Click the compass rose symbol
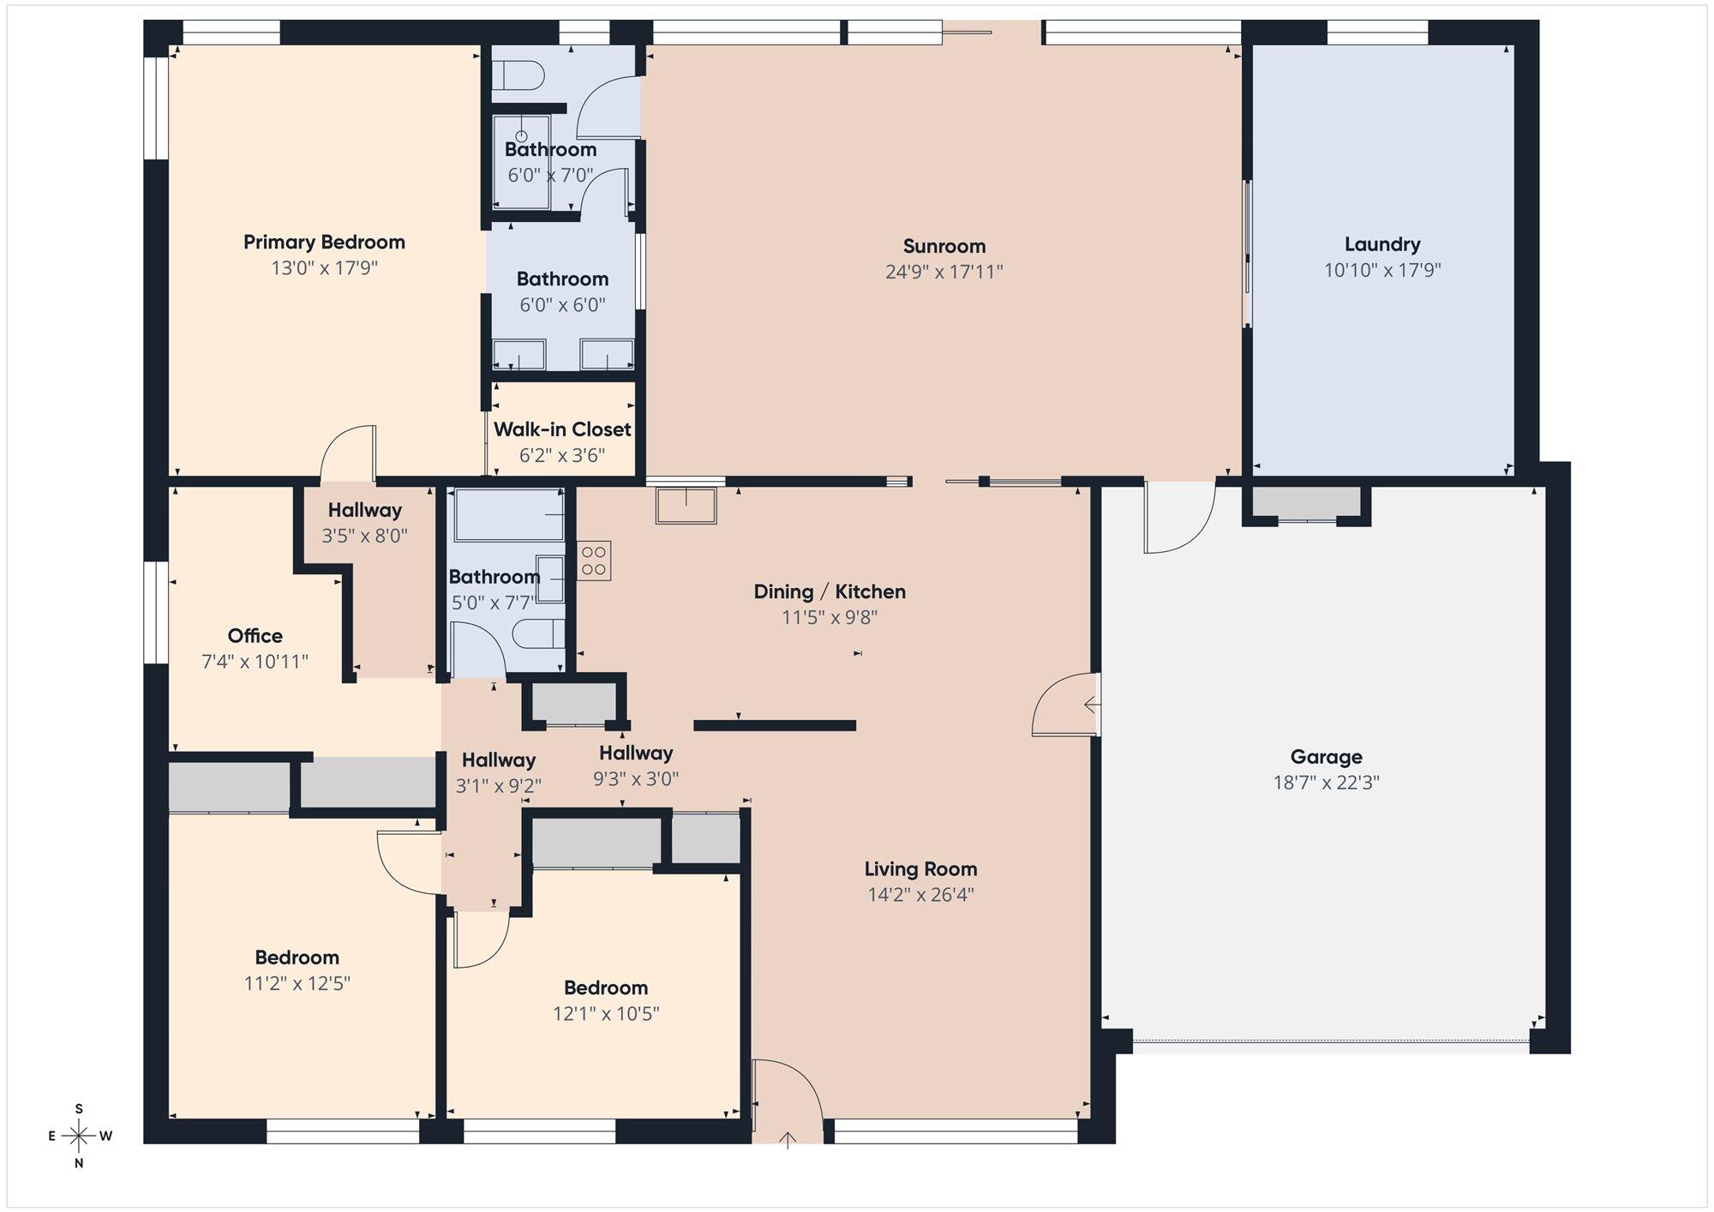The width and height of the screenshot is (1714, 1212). (79, 1136)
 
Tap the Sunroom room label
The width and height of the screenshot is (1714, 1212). (944, 246)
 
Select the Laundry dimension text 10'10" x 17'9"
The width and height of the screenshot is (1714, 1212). (1382, 271)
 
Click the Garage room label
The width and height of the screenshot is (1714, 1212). (1326, 757)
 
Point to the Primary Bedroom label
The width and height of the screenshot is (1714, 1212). (324, 243)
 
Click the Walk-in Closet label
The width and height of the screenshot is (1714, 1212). (562, 429)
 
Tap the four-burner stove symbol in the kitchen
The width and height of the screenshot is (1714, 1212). (594, 561)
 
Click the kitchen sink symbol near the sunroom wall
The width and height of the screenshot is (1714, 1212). (686, 506)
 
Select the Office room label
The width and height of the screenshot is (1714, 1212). (255, 636)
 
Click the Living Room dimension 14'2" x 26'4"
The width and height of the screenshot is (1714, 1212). (920, 895)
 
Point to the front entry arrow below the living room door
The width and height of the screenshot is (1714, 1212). (788, 1137)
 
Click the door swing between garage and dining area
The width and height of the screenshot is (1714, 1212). (1065, 705)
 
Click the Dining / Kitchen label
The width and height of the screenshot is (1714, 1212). (830, 591)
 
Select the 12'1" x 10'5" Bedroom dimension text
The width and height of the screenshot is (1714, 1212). (606, 1014)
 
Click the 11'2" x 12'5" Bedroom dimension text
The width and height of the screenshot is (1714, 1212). (297, 983)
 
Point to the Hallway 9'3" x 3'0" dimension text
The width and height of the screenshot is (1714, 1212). (636, 779)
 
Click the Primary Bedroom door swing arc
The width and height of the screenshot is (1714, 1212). (346, 452)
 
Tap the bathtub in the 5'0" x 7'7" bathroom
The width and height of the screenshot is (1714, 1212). (509, 515)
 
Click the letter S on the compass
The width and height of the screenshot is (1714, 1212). (79, 1108)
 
